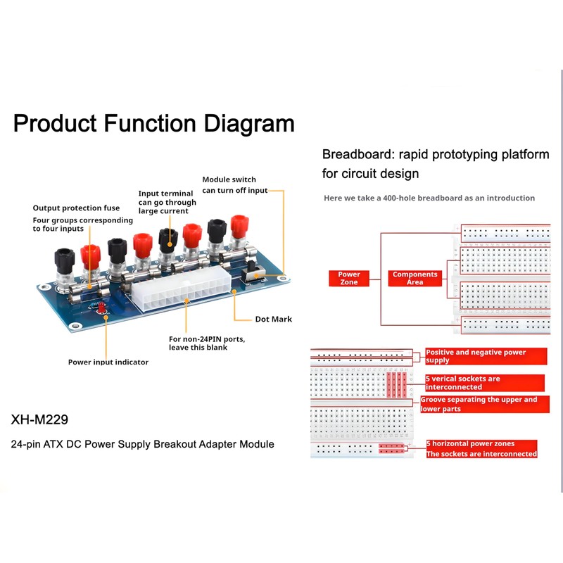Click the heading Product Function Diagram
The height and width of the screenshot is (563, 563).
[153, 124]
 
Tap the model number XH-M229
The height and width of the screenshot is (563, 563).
[39, 419]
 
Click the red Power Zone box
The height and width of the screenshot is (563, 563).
[349, 278]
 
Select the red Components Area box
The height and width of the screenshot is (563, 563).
[415, 278]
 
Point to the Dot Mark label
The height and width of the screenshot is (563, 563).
[273, 319]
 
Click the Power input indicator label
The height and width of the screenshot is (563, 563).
[108, 362]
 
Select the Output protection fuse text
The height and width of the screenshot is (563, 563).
[76, 208]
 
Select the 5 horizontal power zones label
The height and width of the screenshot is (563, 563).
[470, 443]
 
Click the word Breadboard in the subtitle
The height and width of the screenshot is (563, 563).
[355, 154]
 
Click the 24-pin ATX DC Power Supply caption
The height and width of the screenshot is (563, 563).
[142, 444]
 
